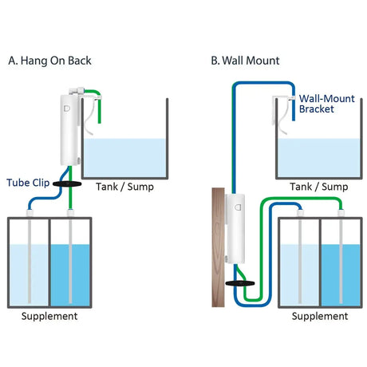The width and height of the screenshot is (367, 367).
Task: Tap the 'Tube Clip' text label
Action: point(29,183)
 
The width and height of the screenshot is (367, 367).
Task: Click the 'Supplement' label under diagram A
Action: point(49,317)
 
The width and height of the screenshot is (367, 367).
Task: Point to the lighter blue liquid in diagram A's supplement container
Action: point(22,275)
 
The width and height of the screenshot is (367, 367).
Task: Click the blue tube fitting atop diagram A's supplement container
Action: point(29,210)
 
